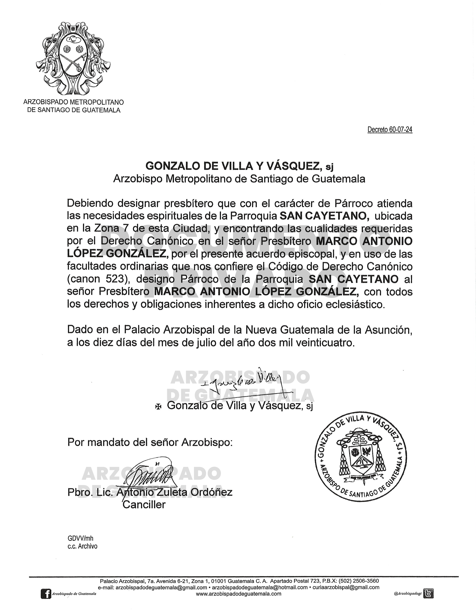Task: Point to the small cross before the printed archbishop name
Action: click(x=158, y=406)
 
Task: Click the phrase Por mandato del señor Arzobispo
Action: click(x=150, y=442)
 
